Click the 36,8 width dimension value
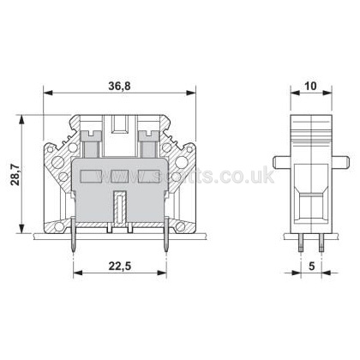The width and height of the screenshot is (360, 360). tap(119, 86)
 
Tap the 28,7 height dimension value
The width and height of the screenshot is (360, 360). tap(15, 175)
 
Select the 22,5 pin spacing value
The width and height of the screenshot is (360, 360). tap(119, 266)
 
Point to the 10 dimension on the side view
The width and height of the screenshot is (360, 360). tap(311, 86)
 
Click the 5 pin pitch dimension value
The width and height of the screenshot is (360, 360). tap(311, 266)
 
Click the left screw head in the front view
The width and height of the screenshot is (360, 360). tap(91, 135)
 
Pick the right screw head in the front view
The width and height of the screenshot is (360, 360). tap(148, 135)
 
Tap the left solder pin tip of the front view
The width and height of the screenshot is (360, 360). tap(73, 250)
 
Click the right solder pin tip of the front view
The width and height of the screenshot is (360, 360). tap(166, 250)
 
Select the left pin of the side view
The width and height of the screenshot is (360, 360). tap(301, 243)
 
